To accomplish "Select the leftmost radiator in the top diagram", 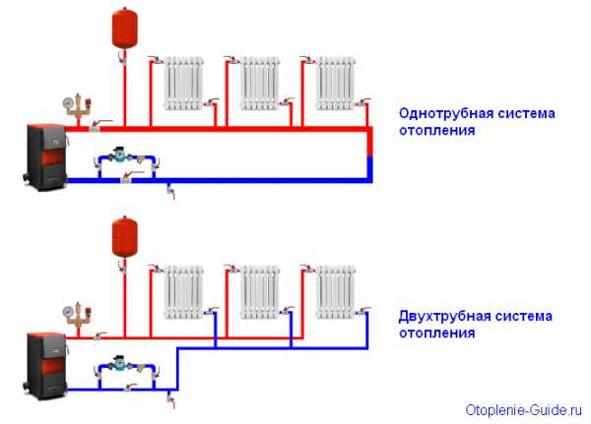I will (x=184, y=84).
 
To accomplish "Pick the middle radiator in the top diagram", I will (x=261, y=84).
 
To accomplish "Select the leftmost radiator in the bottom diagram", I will (x=184, y=291).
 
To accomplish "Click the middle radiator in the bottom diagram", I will (x=261, y=291).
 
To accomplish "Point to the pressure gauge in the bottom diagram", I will (x=65, y=307).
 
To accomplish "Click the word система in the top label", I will (x=524, y=113).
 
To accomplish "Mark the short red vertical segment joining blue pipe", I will (x=370, y=144).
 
